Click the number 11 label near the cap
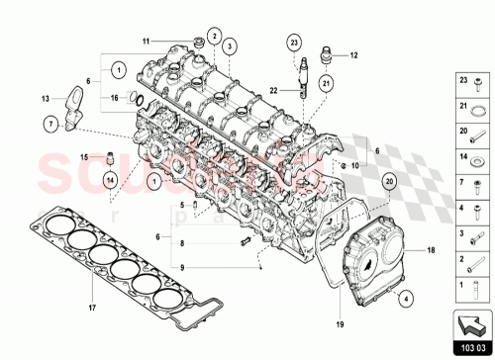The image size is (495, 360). [146, 42]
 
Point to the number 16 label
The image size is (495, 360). [116, 98]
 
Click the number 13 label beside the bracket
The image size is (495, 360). [46, 99]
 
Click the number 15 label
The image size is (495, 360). [84, 156]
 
